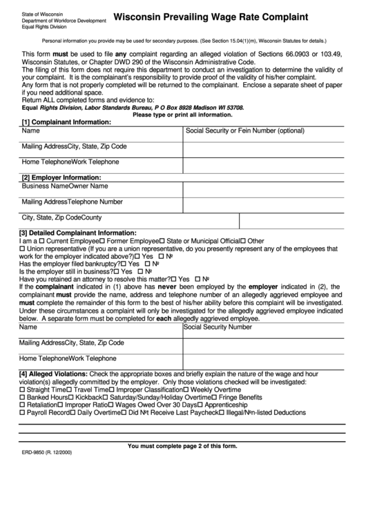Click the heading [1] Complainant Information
66,121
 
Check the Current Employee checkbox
42,241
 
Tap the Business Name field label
45,186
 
